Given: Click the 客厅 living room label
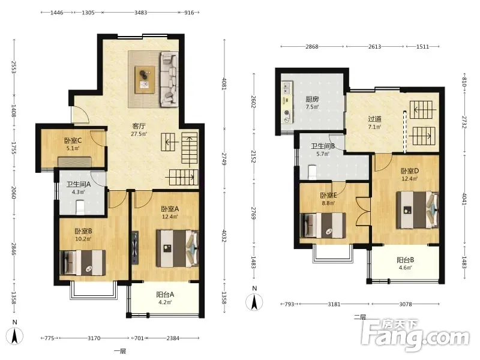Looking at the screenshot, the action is click(139, 126).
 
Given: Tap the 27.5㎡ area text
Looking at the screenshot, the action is click(139, 134).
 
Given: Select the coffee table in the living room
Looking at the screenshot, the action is click(145, 79).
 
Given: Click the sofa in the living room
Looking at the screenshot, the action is click(169, 80).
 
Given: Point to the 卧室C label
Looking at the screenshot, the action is click(73, 140).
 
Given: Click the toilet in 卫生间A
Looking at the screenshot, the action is click(80, 207).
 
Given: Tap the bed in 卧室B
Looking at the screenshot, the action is click(83, 263).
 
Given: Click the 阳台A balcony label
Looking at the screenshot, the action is click(165, 295).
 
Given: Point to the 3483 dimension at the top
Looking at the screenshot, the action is click(140, 13).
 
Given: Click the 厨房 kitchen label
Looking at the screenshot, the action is click(312, 99).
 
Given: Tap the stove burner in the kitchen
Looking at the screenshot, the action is click(287, 113).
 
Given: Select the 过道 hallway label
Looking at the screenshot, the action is click(374, 119).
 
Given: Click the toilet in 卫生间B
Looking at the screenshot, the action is click(312, 172).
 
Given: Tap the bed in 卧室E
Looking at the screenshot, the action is click(323, 226).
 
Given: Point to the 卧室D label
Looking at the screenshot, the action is click(410, 171).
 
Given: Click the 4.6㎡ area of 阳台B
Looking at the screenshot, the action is click(406, 268).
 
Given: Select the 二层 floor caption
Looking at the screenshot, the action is click(360, 317).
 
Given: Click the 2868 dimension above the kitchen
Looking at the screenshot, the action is click(311, 47).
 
